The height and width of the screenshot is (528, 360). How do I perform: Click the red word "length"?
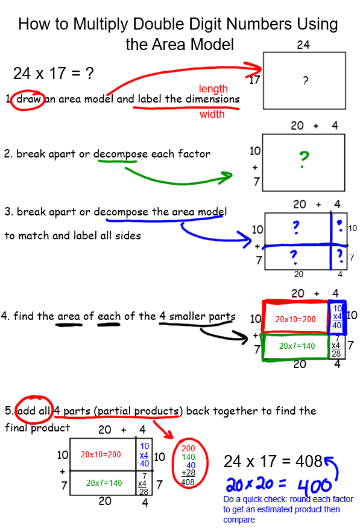[x=213, y=89]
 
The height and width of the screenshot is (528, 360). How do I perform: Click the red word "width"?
[x=212, y=114]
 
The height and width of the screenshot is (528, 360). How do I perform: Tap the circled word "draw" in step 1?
[x=28, y=99]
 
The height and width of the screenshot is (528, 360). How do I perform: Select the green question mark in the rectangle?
[x=304, y=160]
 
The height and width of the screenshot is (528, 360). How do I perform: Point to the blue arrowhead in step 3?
[x=245, y=239]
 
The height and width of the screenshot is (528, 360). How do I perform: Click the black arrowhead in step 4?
[x=242, y=337]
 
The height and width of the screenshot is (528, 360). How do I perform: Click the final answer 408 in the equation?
[x=309, y=462]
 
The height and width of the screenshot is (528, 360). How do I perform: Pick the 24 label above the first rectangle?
[x=303, y=45]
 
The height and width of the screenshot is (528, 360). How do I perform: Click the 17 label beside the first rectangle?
[x=254, y=80]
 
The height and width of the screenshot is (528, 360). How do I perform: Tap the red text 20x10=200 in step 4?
[x=295, y=319]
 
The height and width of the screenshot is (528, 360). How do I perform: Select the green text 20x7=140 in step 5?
[x=104, y=483]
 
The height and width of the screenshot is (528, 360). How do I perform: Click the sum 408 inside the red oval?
[x=188, y=482]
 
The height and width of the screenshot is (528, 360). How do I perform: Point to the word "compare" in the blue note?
[x=239, y=520]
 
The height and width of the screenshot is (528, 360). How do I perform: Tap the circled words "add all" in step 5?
[x=33, y=411]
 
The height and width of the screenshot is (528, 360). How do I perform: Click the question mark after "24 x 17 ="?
[x=89, y=74]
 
